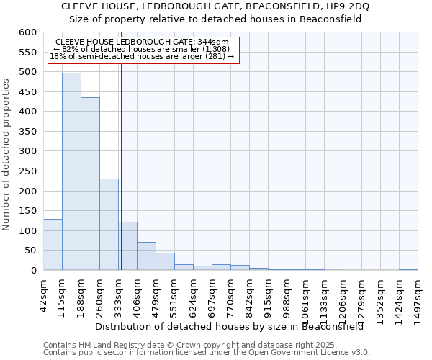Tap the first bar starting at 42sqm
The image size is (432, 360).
pyautogui.click(x=53, y=245)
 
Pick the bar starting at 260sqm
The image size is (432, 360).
pyautogui.click(x=109, y=225)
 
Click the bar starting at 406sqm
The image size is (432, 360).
pyautogui.click(x=146, y=256)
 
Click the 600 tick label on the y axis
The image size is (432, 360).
pyautogui.click(x=27, y=32)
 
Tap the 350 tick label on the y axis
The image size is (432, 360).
pyautogui.click(x=27, y=132)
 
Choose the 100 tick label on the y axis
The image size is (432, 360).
pyautogui.click(x=27, y=231)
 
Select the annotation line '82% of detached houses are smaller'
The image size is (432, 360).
pyautogui.click(x=141, y=49)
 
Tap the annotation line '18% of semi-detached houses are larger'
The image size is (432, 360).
pyautogui.click(x=142, y=56)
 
